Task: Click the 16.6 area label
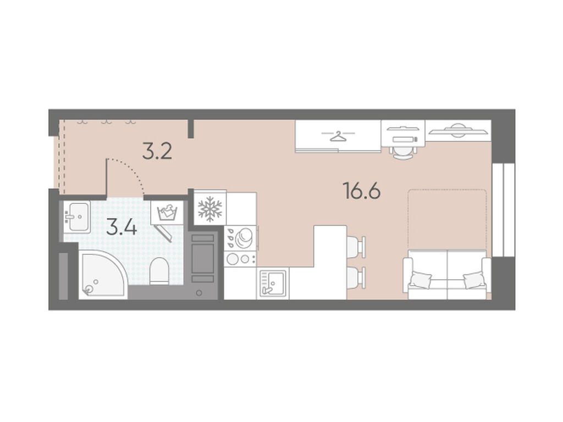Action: coord(362,191)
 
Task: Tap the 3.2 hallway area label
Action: coord(157,152)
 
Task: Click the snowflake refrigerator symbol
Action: coord(210,208)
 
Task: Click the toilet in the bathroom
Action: coord(159,270)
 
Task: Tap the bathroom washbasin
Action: coord(77,216)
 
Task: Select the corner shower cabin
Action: coord(103,274)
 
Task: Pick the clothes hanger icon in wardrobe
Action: coord(338,136)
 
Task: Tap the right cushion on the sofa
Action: coord(474,280)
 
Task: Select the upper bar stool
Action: coord(356,247)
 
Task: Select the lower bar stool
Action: coord(356,277)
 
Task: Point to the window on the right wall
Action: coord(504,210)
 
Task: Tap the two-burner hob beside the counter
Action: coord(240,258)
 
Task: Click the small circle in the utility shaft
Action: coord(199,293)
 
